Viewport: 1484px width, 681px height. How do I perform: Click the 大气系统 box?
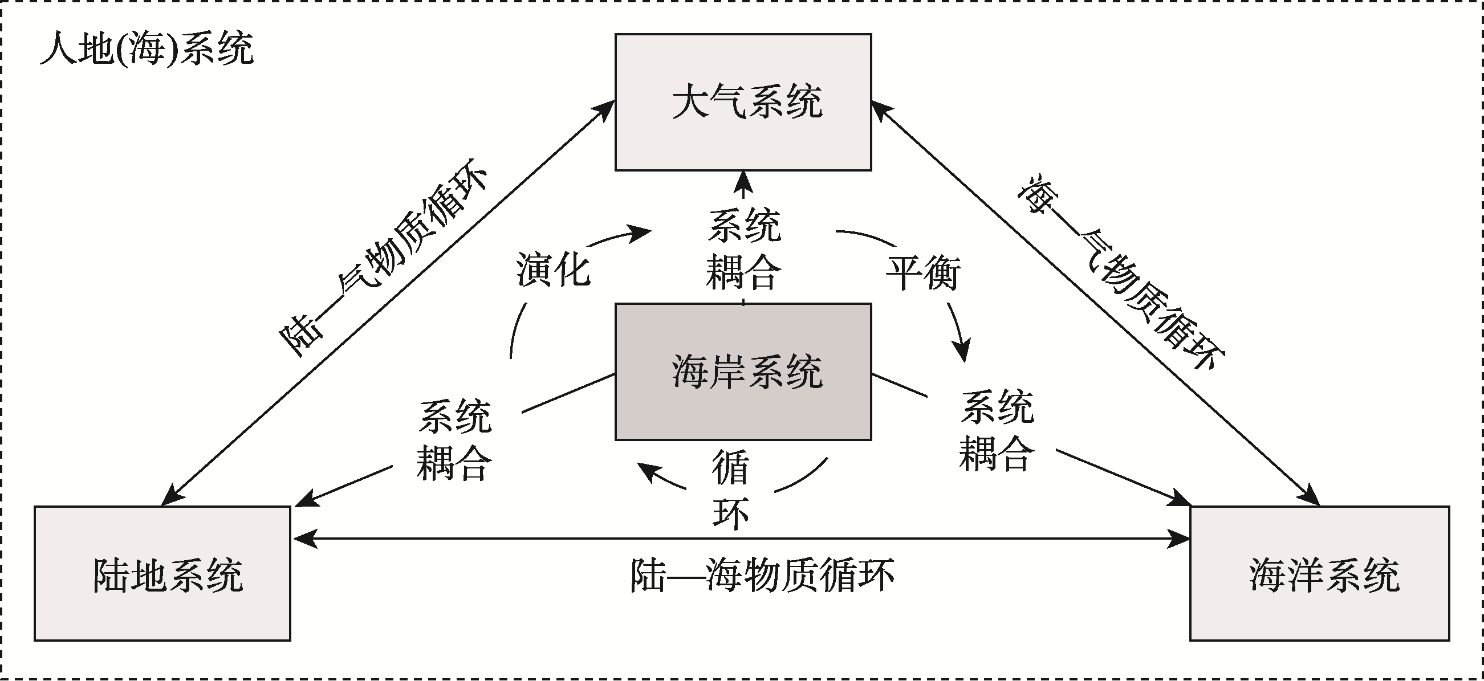coord(743,102)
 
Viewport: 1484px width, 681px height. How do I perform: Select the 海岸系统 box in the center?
coord(743,372)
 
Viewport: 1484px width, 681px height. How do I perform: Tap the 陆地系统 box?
coord(162,573)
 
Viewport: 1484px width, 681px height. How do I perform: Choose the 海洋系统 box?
coord(1319,573)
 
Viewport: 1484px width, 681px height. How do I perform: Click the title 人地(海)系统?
coord(147,49)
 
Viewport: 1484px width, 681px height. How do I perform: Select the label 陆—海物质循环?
coord(762,574)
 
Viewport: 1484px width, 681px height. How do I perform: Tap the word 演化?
coord(552,270)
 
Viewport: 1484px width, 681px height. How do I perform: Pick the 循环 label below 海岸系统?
coord(730,490)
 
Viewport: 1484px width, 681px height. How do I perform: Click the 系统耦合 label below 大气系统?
coord(744,248)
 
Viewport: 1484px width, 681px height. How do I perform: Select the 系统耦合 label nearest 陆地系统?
coord(454,441)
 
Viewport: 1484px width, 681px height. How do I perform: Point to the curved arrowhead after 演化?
coord(641,233)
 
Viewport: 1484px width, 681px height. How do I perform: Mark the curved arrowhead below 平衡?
coord(961,350)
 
